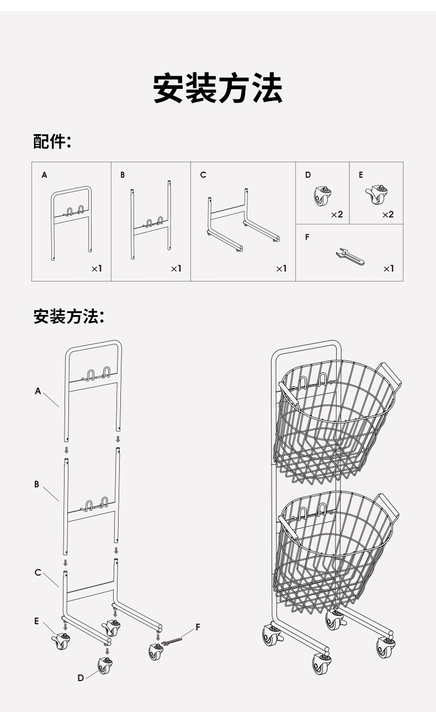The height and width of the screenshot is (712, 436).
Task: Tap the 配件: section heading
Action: [52, 142]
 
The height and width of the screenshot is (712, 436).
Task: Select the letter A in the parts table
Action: [44, 175]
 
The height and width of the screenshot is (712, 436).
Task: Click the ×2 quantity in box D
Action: [337, 214]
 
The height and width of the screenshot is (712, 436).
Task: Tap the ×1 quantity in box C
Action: [281, 269]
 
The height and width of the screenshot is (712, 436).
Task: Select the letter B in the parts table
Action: [123, 175]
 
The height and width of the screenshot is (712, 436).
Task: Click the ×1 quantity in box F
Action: [389, 269]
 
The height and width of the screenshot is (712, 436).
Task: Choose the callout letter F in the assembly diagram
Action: [198, 628]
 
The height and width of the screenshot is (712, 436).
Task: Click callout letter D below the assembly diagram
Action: [81, 678]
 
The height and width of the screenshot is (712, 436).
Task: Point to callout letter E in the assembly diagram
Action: [37, 621]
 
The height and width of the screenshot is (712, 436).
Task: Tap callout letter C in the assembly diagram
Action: [38, 572]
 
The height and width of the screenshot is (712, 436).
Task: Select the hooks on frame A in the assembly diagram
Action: [97, 373]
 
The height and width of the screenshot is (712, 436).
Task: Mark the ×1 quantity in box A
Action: [97, 269]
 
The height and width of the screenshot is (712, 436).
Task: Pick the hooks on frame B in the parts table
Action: [154, 223]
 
